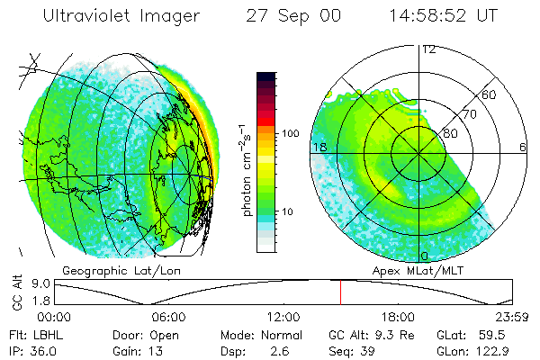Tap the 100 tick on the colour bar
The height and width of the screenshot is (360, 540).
(x=291, y=133)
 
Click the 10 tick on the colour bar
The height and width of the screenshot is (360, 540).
(x=291, y=211)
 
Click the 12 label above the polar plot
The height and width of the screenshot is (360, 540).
(x=428, y=49)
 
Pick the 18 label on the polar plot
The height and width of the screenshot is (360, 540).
(x=319, y=147)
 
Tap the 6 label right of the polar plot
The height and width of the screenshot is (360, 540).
(x=523, y=147)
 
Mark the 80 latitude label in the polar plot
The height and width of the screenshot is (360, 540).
(x=451, y=133)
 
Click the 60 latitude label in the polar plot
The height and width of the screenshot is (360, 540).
(x=489, y=94)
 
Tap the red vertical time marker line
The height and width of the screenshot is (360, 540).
(x=340, y=292)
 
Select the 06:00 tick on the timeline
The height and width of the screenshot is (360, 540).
(x=168, y=317)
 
